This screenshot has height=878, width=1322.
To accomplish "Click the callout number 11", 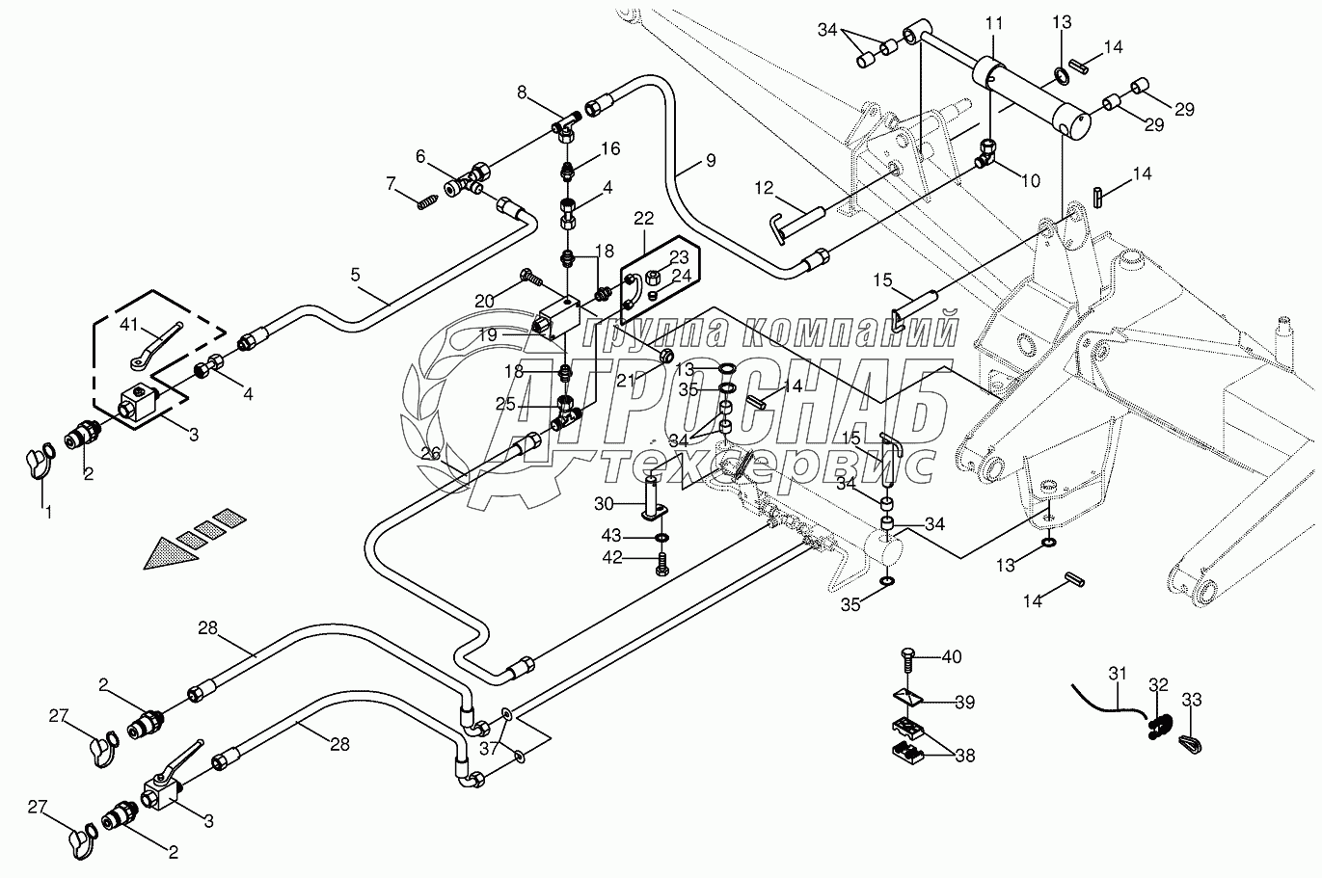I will pyautogui.click(x=995, y=21).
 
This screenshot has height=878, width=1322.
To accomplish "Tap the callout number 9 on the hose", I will pyautogui.click(x=710, y=161).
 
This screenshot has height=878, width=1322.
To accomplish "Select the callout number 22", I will pyautogui.click(x=643, y=219).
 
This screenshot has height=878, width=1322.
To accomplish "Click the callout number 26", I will pyautogui.click(x=430, y=453).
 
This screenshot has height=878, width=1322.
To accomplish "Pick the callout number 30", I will pyautogui.click(x=604, y=503).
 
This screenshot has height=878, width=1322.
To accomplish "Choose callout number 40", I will pyautogui.click(x=952, y=657).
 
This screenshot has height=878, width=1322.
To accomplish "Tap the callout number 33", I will pyautogui.click(x=1193, y=701).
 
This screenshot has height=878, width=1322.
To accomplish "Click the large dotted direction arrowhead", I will pyautogui.click(x=166, y=551).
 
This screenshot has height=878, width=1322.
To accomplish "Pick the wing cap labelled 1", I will pyautogui.click(x=38, y=457).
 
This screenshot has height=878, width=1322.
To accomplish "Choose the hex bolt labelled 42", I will pyautogui.click(x=661, y=563).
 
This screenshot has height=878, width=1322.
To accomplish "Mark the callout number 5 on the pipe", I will pyautogui.click(x=356, y=275).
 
